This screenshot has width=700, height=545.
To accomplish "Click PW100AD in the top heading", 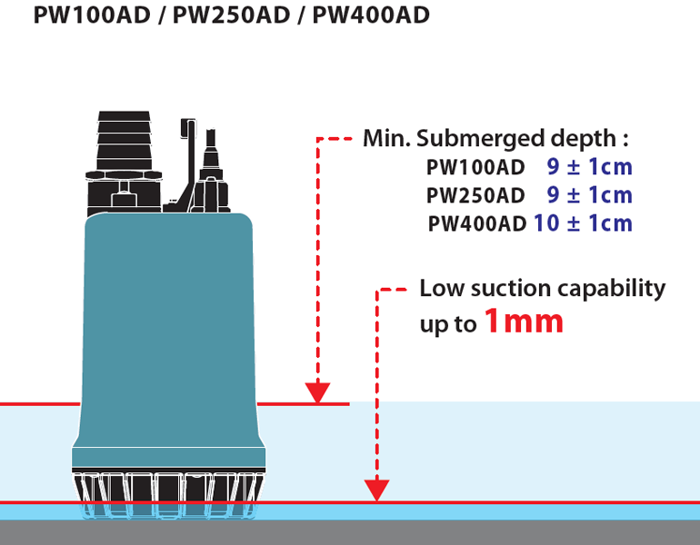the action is (92, 15).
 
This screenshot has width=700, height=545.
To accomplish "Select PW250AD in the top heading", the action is (231, 15).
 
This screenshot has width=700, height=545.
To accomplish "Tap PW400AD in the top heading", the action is (371, 15).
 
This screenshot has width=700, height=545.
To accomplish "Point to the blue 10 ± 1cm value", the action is (583, 223).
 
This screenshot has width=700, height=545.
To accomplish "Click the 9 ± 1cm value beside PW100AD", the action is (590, 167).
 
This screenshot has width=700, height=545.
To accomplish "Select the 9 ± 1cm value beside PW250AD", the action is (590, 195).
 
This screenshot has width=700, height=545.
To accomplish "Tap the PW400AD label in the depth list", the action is (476, 223).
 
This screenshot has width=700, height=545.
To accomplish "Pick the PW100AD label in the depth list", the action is (475, 167).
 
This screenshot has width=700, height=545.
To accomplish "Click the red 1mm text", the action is (524, 322).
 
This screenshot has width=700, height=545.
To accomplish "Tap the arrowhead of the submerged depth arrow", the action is (317, 392).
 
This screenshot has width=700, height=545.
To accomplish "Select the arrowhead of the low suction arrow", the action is (376, 490).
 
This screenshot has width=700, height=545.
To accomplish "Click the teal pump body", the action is (169, 339).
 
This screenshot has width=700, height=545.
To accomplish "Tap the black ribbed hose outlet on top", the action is (125, 141).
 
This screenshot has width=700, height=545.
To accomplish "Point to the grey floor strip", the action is (350, 532).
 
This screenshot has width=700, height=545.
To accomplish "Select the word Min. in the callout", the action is (386, 139).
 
